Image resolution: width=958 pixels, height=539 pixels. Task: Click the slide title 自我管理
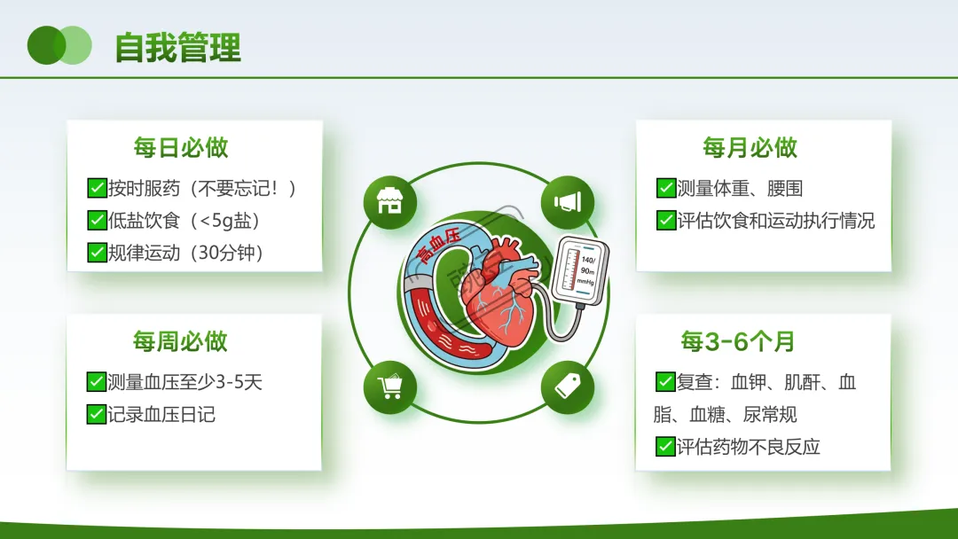177,48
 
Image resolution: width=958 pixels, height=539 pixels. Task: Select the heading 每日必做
181,148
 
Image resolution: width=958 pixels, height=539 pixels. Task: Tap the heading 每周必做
180,341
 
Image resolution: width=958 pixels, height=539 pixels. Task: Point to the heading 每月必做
750,148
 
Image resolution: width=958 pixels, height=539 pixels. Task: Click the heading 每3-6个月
738,341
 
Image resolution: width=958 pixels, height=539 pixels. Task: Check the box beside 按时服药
98,188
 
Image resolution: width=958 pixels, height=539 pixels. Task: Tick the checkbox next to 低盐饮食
98,220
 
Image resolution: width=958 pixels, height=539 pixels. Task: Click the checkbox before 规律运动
98,252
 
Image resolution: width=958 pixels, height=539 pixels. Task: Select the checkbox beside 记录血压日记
97,414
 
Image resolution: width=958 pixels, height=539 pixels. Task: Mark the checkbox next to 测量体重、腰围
666,188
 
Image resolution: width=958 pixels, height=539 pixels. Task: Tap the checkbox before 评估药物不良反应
665,446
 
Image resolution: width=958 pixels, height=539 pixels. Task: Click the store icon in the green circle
389,201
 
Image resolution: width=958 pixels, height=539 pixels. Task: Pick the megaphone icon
568,202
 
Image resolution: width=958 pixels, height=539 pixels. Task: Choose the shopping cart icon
389,387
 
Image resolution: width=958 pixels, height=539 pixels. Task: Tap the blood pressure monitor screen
578,269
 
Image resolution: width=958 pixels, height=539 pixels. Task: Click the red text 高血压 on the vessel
437,246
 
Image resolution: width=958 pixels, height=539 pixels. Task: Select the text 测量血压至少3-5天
185,382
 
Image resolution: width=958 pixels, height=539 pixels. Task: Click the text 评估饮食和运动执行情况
776,221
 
